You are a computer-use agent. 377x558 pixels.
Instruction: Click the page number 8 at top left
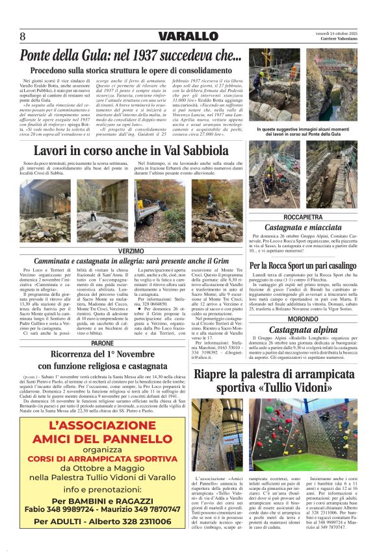tap(22, 36)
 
